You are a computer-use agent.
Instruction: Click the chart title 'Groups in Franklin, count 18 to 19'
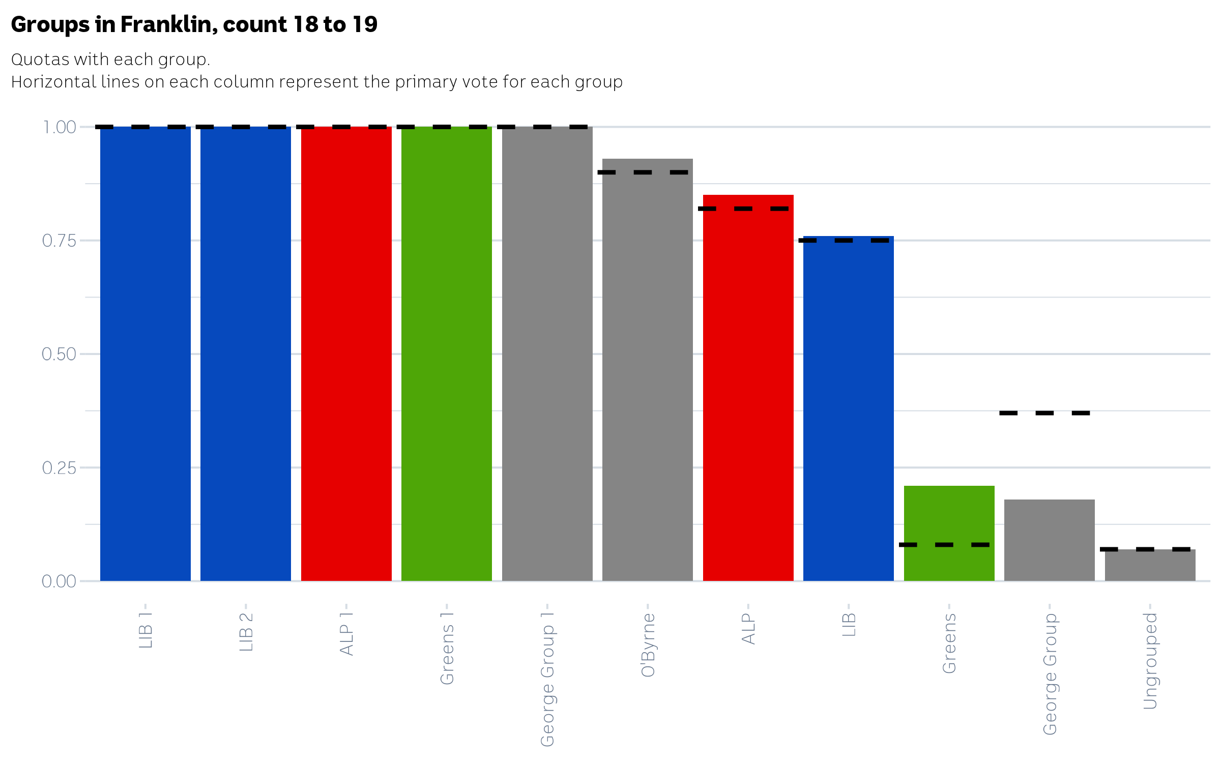[x=194, y=24]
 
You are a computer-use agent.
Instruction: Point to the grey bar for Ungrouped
[x=1150, y=566]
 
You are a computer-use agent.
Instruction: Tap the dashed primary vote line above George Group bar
[x=1044, y=413]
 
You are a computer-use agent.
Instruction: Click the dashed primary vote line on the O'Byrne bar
[x=643, y=172]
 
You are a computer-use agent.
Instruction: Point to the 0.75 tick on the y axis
[x=59, y=241]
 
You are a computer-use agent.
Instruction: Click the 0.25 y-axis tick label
[x=59, y=467]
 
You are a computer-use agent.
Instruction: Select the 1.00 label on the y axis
[x=60, y=127]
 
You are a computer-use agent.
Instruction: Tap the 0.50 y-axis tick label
[x=59, y=354]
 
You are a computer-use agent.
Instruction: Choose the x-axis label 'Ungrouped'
[x=1150, y=661]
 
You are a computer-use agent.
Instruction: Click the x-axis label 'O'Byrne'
[x=648, y=644]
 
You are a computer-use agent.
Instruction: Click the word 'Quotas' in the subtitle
[x=40, y=60]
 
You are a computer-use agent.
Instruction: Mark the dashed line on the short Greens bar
[x=944, y=545]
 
